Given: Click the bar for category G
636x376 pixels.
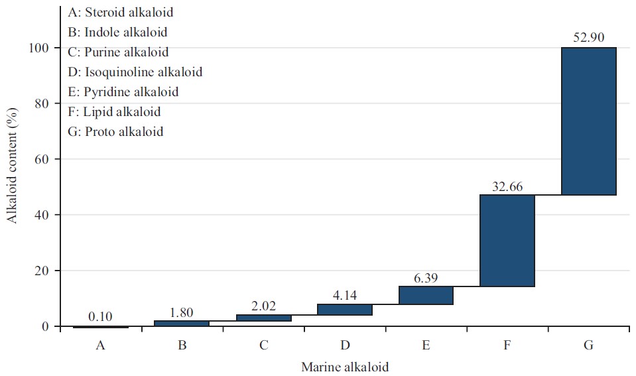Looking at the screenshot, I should [588, 121].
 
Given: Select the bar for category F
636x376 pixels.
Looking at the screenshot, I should [507, 241].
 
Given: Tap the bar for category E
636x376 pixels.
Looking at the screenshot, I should [426, 295].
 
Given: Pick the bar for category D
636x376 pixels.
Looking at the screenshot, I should [345, 310].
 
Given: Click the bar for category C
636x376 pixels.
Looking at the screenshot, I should [263, 318].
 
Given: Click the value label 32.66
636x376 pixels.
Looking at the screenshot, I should [507, 186].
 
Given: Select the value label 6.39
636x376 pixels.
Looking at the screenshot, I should [426, 278].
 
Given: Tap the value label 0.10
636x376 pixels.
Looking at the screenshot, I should [101, 318].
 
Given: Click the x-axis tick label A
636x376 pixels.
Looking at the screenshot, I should [101, 345].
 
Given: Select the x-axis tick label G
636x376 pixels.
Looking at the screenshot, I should [588, 345].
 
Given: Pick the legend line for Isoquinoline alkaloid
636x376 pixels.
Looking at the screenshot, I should [135, 72].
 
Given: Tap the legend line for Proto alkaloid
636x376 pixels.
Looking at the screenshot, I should [115, 131].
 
